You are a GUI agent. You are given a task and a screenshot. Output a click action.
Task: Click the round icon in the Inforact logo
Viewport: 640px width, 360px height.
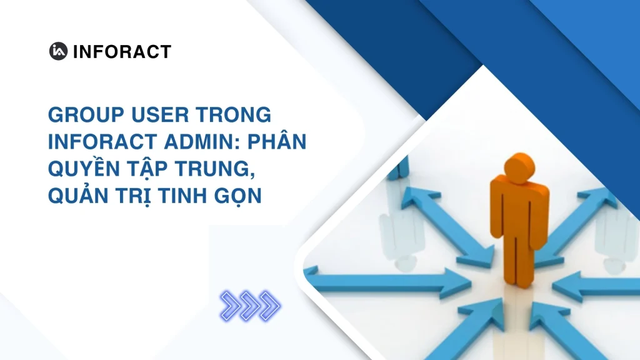tap(59, 51)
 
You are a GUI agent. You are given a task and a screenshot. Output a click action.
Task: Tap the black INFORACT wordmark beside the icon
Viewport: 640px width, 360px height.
tap(122, 52)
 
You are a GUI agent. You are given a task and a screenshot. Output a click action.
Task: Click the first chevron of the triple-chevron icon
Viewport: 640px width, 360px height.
tap(231, 306)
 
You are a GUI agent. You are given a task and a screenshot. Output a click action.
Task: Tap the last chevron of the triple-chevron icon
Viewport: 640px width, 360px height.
tap(270, 306)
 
